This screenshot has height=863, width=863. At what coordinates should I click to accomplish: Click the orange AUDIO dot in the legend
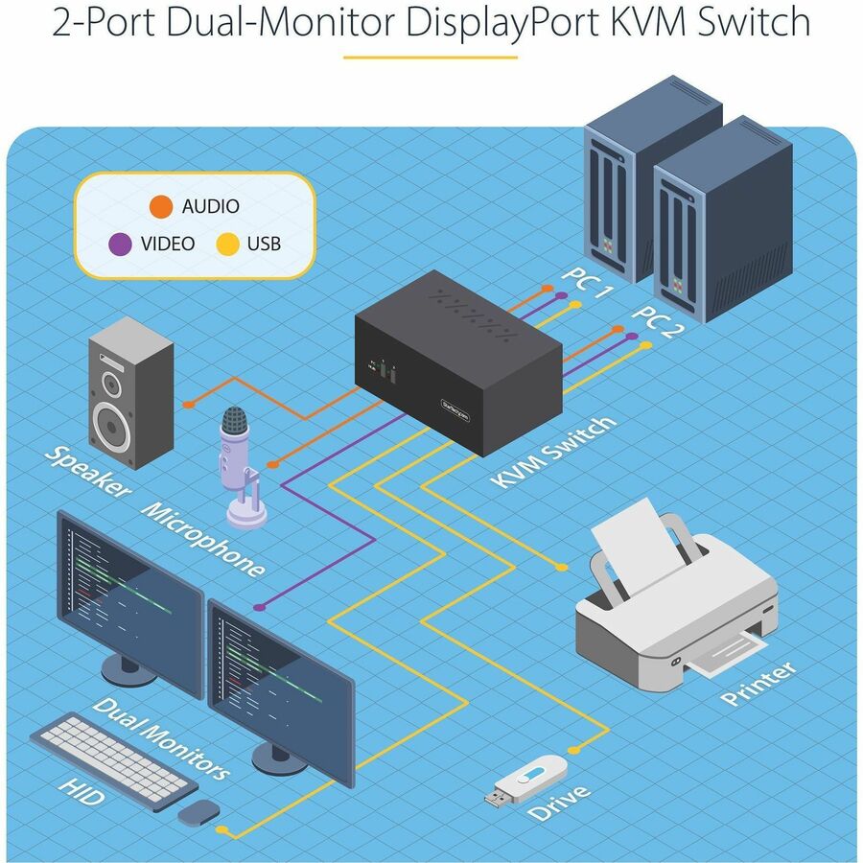point(162,206)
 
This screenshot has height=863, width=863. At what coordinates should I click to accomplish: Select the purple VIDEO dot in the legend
point(120,244)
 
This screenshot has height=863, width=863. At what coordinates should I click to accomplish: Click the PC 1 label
point(586,283)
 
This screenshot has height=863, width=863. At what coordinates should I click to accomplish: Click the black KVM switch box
point(457,364)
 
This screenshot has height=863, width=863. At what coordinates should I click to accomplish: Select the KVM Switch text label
point(555,452)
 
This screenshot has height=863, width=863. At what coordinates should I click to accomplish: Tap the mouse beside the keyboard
point(198,813)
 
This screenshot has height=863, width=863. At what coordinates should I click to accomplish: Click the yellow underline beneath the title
point(430,57)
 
